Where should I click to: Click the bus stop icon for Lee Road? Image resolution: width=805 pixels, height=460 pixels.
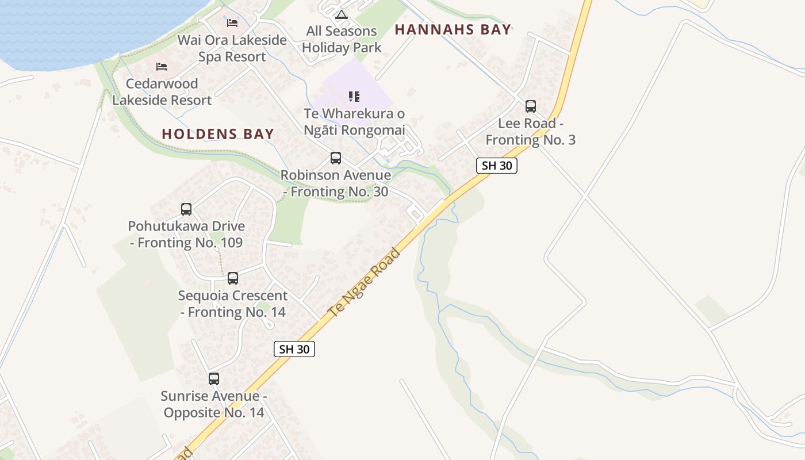click(x=530, y=106)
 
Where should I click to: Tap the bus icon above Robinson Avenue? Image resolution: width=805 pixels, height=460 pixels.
click(x=335, y=158)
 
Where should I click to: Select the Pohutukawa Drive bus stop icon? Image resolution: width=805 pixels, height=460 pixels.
click(x=186, y=209)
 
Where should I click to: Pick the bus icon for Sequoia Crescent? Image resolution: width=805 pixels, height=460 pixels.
click(x=232, y=278)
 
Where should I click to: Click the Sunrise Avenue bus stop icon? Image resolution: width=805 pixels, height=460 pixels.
click(x=214, y=379)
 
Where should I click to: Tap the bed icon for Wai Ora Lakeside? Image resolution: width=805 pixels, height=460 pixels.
click(x=232, y=22)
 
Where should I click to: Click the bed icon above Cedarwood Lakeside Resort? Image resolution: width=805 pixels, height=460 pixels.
click(x=162, y=67)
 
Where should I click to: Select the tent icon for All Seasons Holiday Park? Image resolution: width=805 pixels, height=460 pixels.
click(x=342, y=14)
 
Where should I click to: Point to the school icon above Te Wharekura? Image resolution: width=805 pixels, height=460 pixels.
click(x=354, y=97)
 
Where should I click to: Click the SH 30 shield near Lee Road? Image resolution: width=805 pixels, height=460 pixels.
click(x=497, y=166)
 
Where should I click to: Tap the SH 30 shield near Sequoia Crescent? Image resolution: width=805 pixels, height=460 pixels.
click(x=294, y=348)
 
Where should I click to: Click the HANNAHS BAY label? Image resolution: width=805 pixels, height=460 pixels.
click(x=453, y=30)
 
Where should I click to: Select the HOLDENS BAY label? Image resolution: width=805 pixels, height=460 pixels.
click(x=218, y=134)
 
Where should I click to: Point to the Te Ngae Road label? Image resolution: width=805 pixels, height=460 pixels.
click(x=364, y=282)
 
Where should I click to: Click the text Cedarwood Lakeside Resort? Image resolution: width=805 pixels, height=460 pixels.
click(x=162, y=92)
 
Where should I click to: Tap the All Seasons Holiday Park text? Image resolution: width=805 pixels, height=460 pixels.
click(x=342, y=39)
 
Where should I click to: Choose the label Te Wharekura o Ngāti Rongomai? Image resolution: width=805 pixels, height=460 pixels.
click(x=354, y=122)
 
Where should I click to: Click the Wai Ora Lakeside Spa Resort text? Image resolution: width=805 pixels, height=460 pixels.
click(x=232, y=48)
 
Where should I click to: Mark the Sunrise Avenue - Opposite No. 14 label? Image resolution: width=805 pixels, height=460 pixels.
click(x=214, y=404)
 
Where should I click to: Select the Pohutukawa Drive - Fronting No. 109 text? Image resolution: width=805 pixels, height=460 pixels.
click(x=186, y=234)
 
